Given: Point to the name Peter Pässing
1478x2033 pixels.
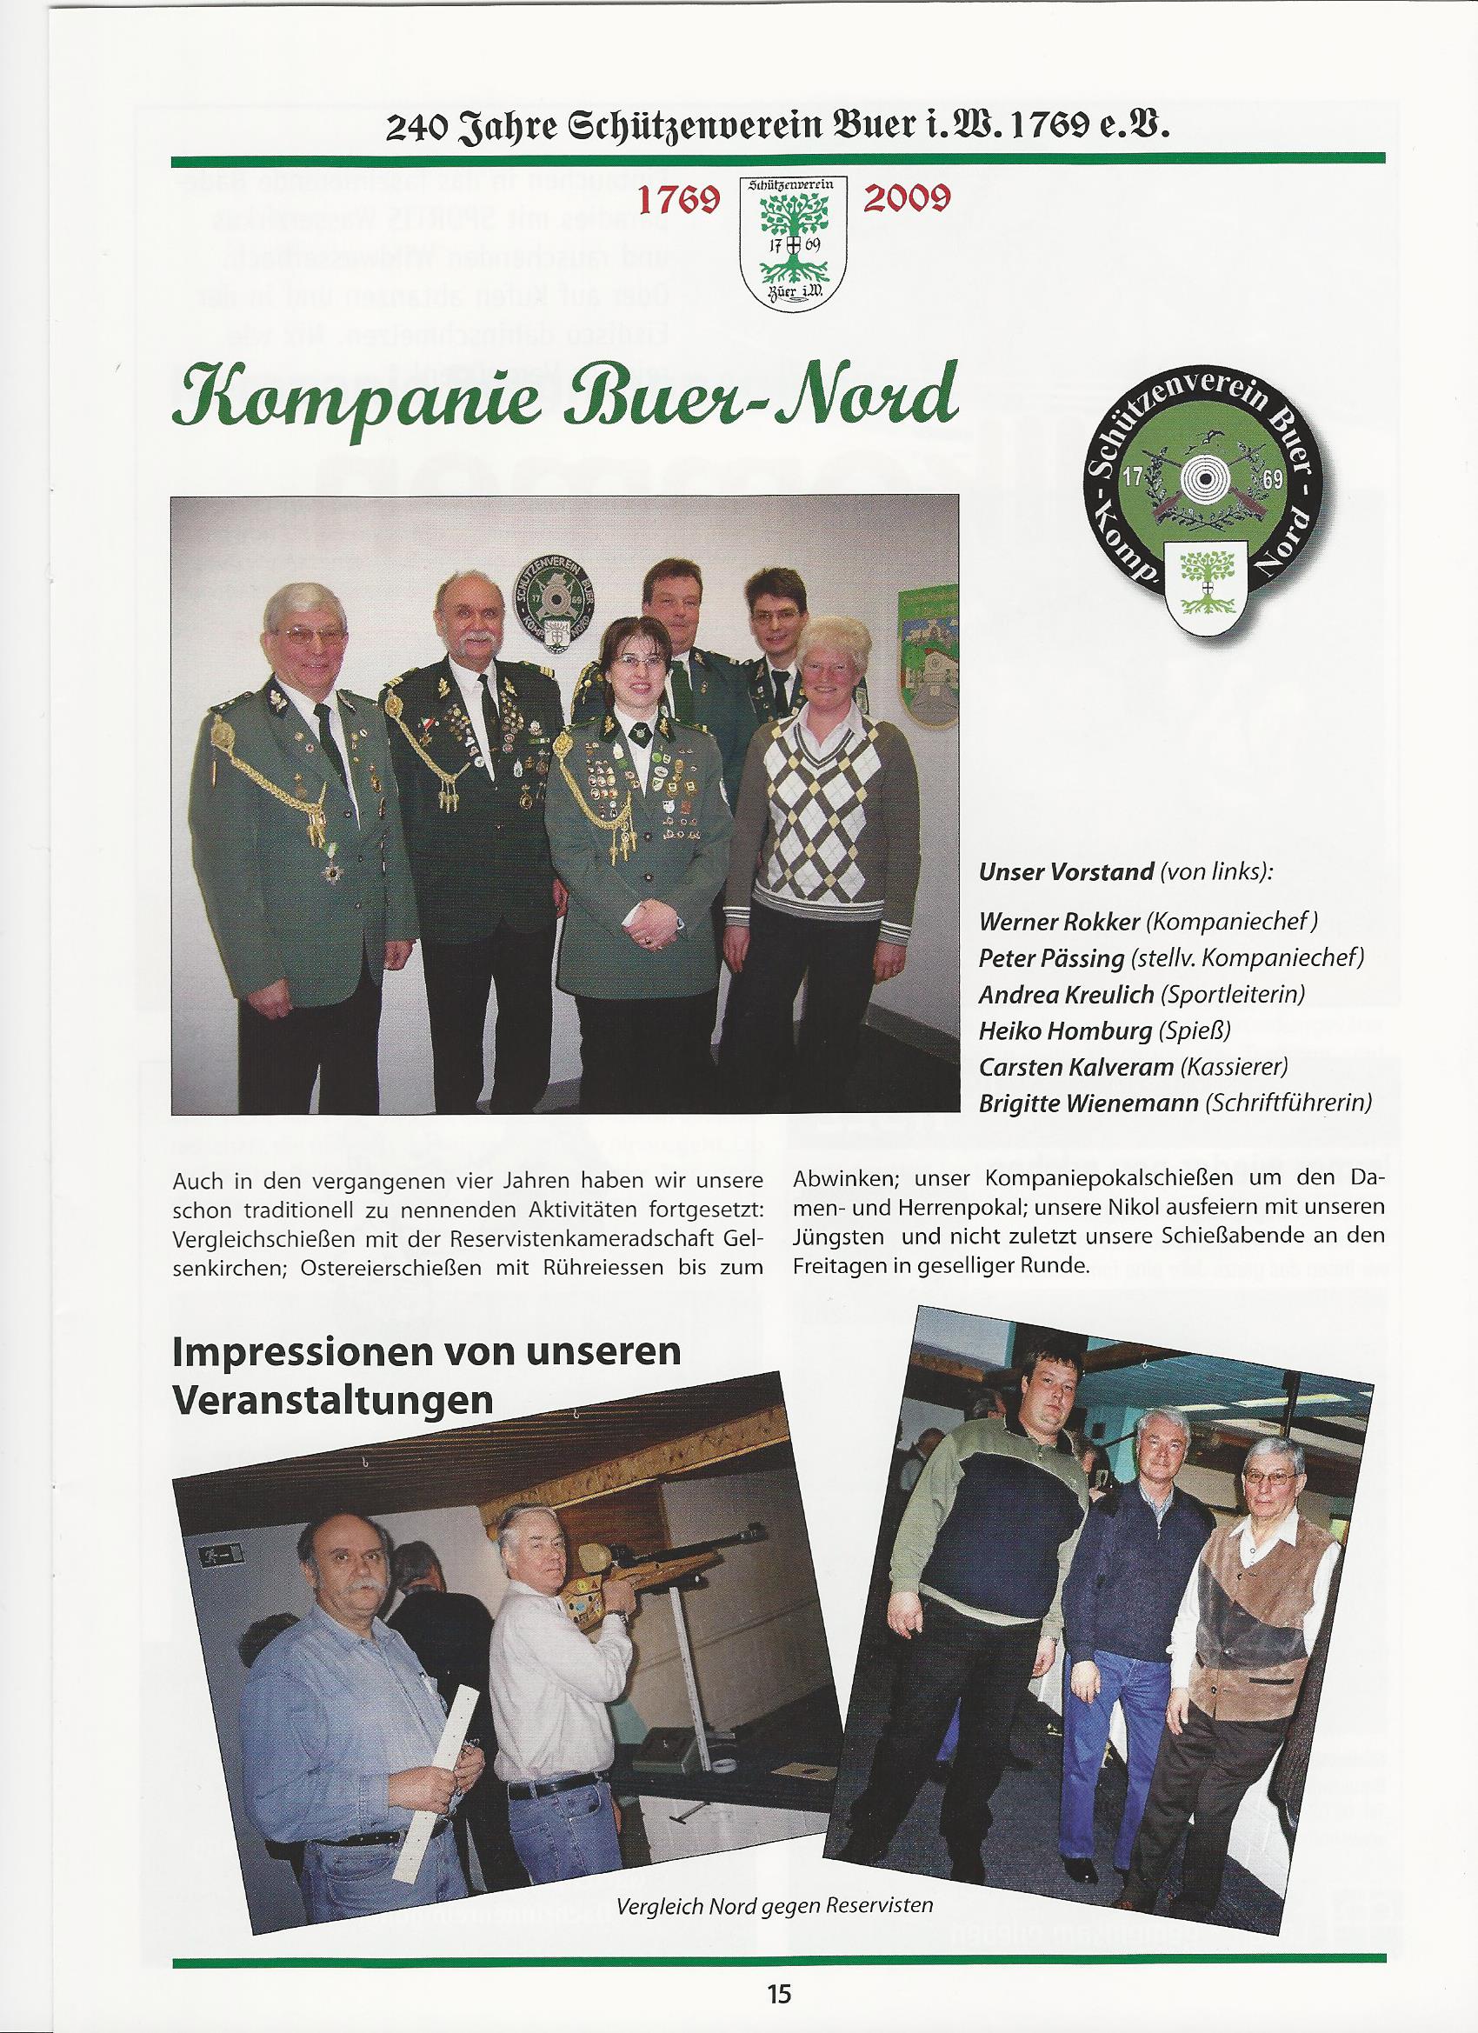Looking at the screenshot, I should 1050,957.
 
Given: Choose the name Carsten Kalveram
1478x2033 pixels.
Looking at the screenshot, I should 1075,1067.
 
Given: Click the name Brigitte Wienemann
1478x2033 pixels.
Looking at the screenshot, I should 1089,1103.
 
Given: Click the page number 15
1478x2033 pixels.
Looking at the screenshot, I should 778,1994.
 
